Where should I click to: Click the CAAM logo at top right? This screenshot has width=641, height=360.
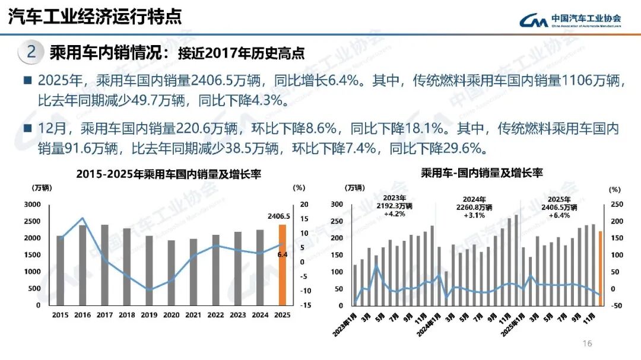pos(570,20)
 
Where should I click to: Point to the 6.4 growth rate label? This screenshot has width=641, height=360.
pos(283,254)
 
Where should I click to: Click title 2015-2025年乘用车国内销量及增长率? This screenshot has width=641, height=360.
pos(169,174)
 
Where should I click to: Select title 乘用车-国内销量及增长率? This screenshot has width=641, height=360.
pos(481,173)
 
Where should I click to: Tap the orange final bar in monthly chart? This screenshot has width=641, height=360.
pos(600,269)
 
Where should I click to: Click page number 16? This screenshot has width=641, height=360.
pos(588,344)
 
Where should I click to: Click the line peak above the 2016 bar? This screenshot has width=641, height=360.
pos(82,218)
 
